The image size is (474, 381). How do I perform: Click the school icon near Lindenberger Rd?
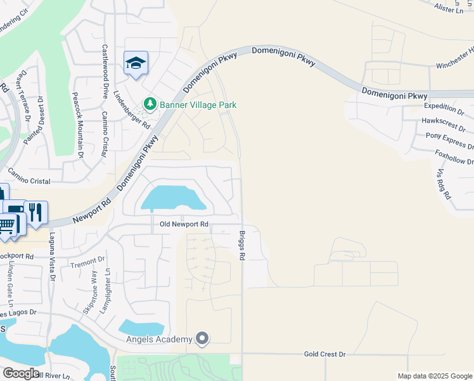coord(136,63)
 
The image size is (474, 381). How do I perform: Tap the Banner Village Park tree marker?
coord(150,104)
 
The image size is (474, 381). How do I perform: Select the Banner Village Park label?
coord(198,104)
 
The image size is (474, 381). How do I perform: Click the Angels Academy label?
coord(158,339)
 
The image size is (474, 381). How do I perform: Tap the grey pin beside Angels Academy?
coord(202,339)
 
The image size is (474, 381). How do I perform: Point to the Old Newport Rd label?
coord(184,224)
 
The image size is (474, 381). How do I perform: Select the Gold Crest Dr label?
coord(324,354)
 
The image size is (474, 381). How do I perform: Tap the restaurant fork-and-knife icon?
coord(36,211)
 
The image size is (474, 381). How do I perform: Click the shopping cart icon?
coord(6,225)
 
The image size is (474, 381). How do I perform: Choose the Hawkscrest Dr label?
coord(447,121)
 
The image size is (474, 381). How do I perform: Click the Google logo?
coord(21,373)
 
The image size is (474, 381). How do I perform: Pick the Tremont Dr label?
coord(87,262)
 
